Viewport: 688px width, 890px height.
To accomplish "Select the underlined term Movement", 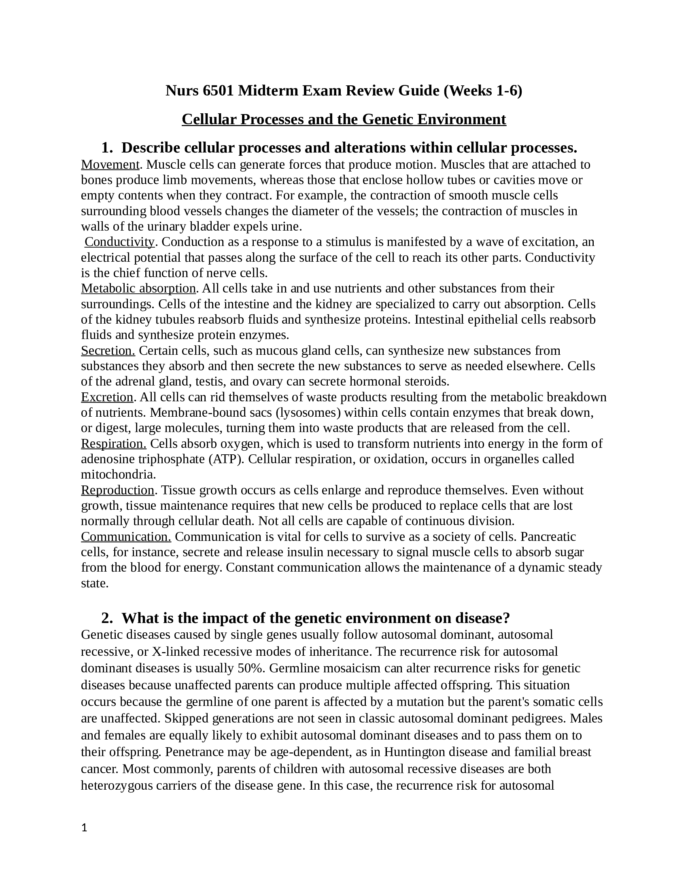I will coord(110,165).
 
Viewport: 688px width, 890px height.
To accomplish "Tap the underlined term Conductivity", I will coord(119,242).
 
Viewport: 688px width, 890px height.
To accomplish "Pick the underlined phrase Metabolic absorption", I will coord(138,288).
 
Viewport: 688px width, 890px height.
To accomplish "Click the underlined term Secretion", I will coord(108,350).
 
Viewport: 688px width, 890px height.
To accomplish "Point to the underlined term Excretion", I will coord(107,397).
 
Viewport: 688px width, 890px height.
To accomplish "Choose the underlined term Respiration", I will coord(114,443).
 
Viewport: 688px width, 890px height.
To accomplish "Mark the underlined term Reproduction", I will coord(117,490).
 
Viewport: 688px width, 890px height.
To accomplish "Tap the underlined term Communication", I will coord(126,537).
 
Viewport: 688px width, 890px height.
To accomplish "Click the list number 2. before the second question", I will coord(107,618).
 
